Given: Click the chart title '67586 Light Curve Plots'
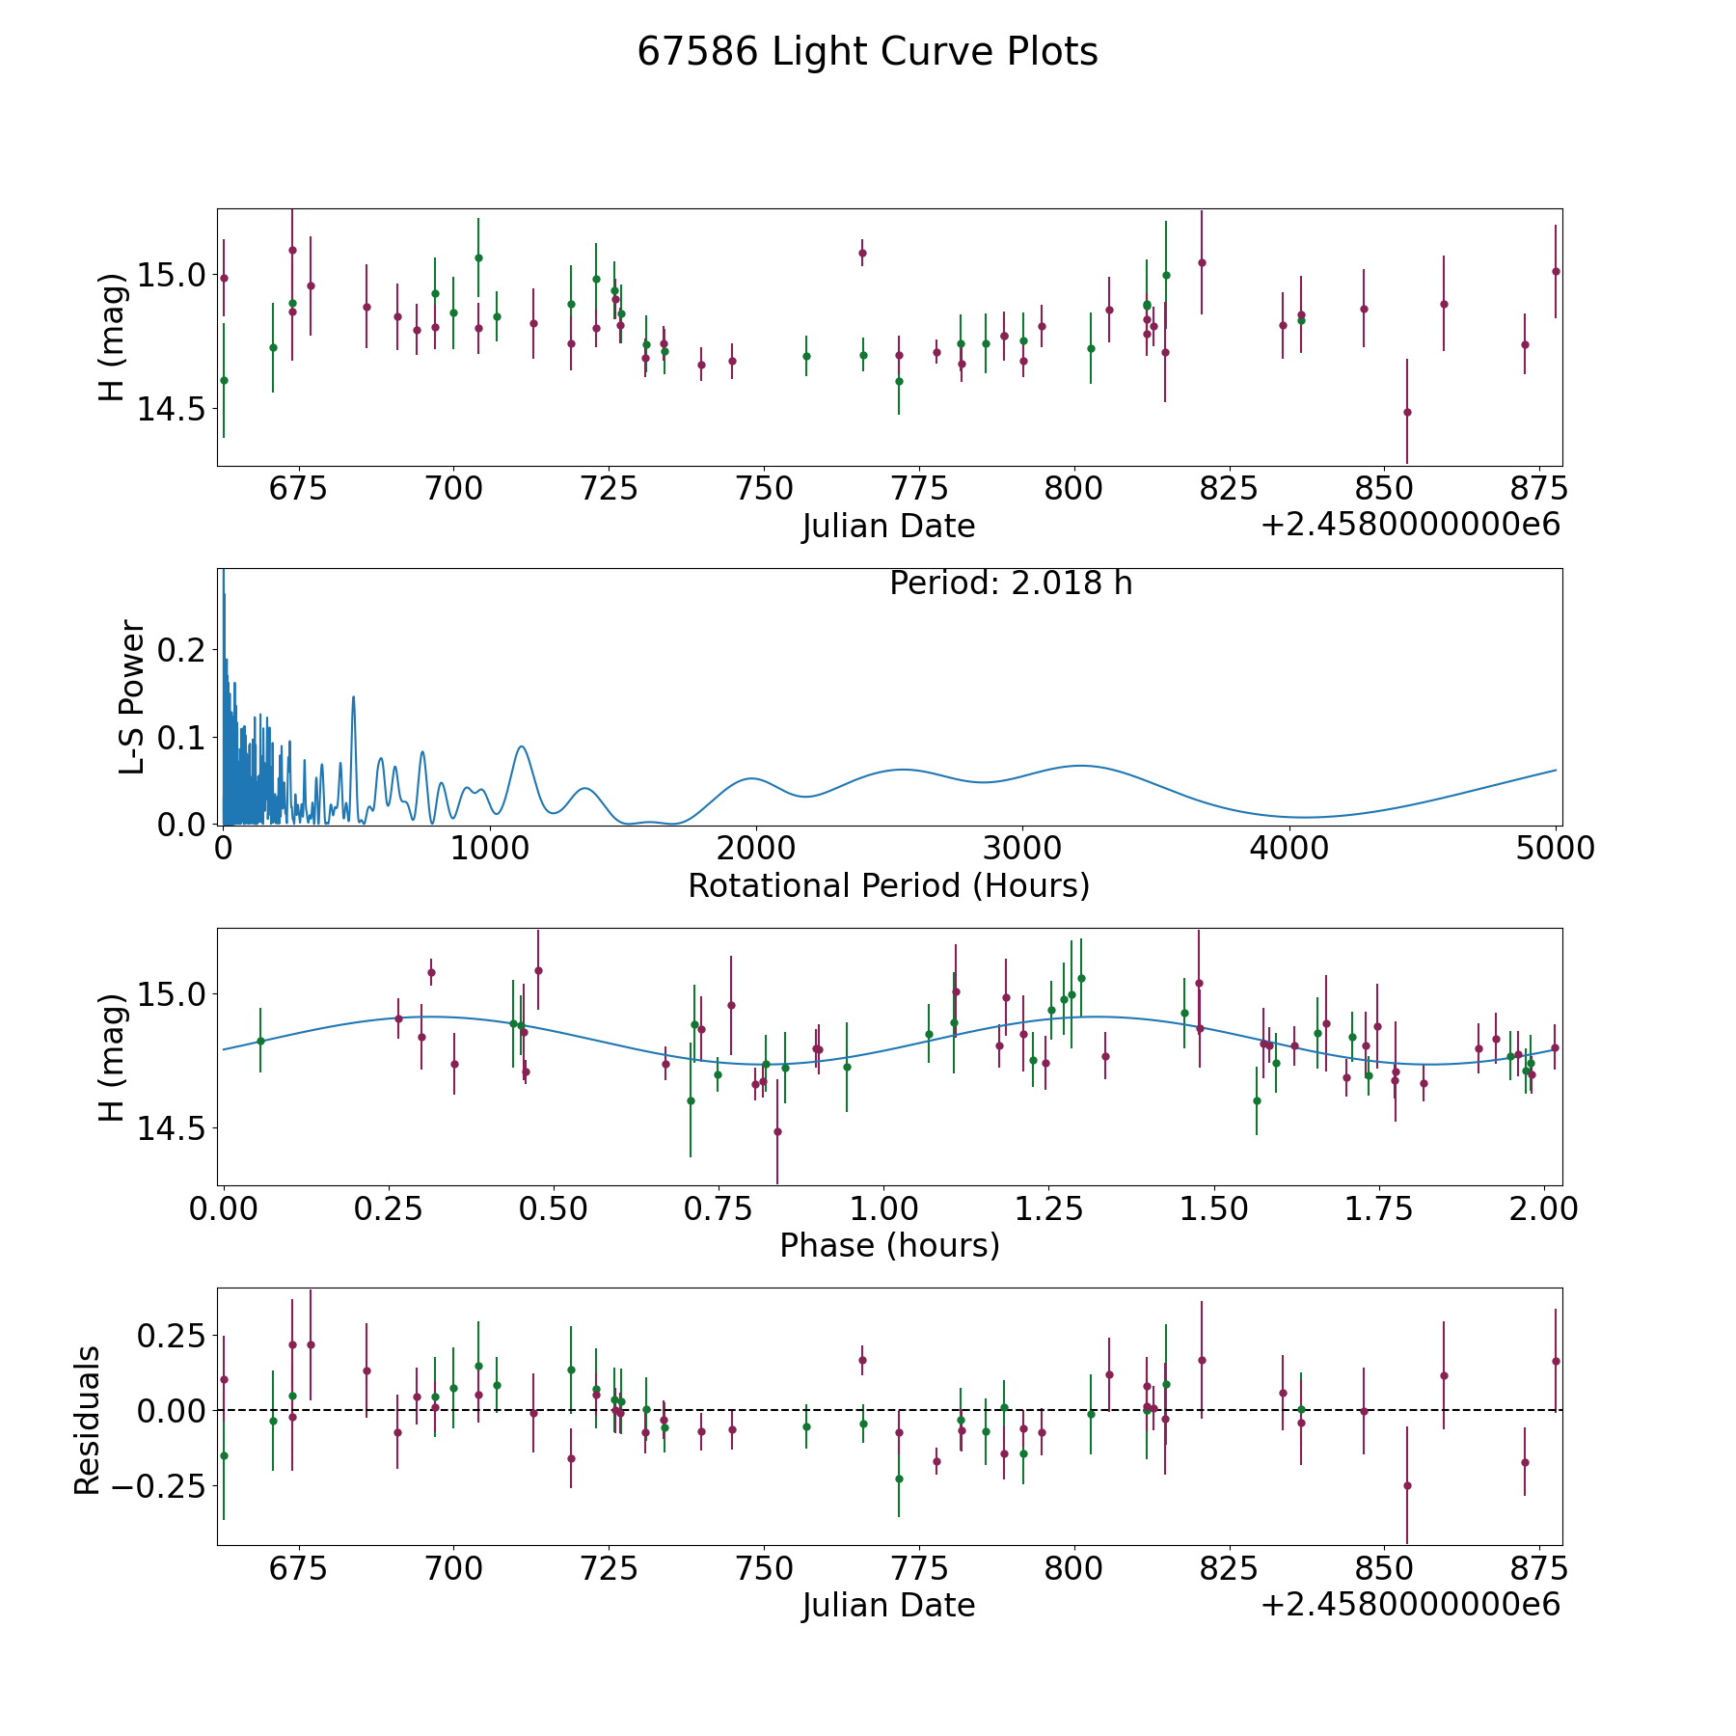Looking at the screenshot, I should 867,52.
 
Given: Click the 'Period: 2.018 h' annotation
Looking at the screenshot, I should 1010,583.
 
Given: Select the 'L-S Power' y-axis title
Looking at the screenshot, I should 133,696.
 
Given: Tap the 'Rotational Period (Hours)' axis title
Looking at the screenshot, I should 888,885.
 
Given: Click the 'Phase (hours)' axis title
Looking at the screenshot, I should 888,1245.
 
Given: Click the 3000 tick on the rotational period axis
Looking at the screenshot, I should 1021,849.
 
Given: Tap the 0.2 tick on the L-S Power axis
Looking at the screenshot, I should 184,650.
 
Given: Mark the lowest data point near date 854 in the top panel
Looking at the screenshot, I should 1406,412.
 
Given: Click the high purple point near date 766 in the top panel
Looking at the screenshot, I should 862,253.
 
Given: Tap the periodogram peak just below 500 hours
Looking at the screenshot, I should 353,696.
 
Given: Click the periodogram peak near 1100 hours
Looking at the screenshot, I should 521,746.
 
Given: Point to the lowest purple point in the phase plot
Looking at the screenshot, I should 776,1131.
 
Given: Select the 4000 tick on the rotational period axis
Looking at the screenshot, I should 1288,849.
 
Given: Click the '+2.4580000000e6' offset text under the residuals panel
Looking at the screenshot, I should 1410,1606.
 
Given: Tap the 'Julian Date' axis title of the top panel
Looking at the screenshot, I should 888,527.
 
